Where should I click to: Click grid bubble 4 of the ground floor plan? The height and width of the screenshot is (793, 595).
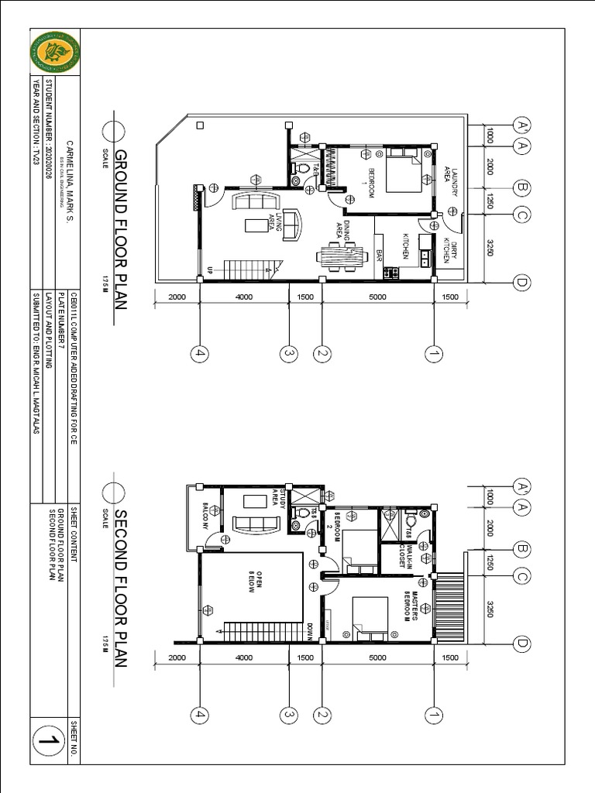(200, 354)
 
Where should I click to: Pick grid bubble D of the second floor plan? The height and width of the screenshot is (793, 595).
(521, 644)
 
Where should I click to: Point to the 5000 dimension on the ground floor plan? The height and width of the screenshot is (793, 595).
(377, 297)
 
